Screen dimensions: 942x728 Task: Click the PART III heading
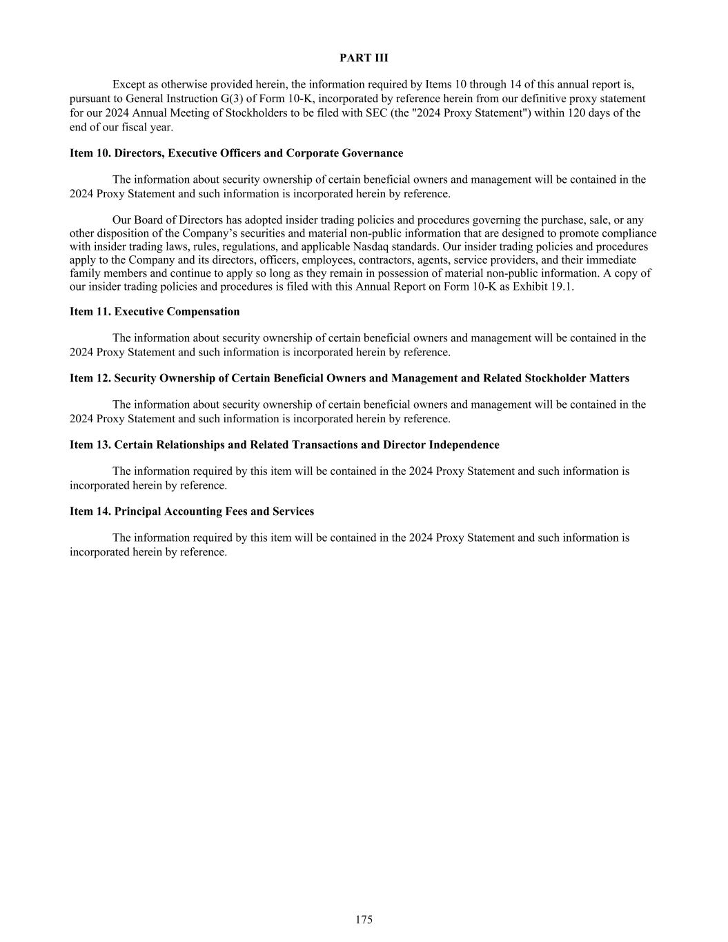pyautogui.click(x=364, y=58)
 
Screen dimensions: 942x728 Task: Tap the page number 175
pyautogui.click(x=364, y=919)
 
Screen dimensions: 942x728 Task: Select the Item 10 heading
pyautogui.click(x=236, y=153)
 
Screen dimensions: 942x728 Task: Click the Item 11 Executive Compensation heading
pyautogui.click(x=155, y=312)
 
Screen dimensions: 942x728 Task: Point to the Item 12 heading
pyautogui.click(x=349, y=378)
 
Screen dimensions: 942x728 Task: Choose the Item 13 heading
pyautogui.click(x=284, y=445)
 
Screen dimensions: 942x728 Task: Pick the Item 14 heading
pyautogui.click(x=192, y=511)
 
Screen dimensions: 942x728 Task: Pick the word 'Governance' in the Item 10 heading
pyautogui.click(x=373, y=153)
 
